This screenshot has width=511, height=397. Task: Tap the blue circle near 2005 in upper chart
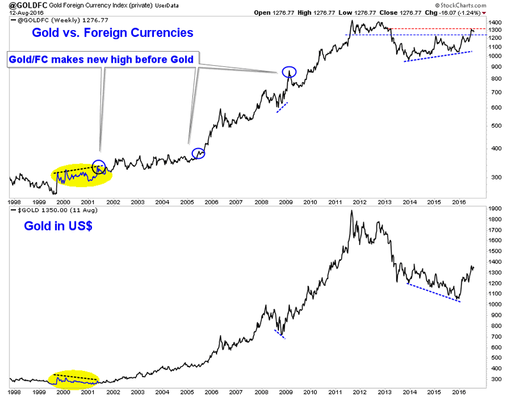[x=199, y=153]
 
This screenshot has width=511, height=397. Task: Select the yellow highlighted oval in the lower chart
[x=75, y=380]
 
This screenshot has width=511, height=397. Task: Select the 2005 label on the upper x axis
[x=186, y=201]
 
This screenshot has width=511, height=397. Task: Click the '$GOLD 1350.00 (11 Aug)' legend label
[x=51, y=209]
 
